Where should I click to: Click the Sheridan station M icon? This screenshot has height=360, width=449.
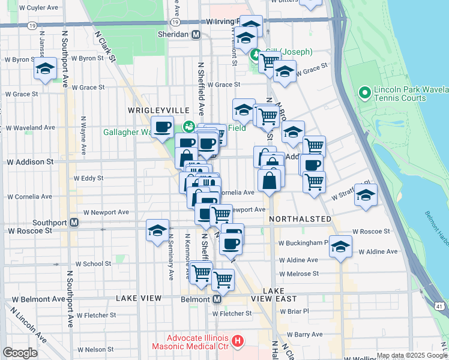(196, 35)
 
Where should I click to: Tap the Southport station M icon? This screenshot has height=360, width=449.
(74, 222)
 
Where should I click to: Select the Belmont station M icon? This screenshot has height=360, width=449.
(217, 299)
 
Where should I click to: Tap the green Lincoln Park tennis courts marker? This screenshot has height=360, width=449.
(363, 92)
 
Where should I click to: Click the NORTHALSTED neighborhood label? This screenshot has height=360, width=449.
(300, 219)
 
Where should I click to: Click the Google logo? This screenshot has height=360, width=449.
(19, 353)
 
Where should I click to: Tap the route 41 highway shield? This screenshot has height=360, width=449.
(439, 307)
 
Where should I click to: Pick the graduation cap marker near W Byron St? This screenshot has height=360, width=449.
(45, 70)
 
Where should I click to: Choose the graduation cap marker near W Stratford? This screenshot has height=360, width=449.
(366, 196)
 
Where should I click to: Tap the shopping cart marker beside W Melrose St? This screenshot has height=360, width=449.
(223, 278)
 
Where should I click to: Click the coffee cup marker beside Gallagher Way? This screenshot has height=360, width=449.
(162, 127)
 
